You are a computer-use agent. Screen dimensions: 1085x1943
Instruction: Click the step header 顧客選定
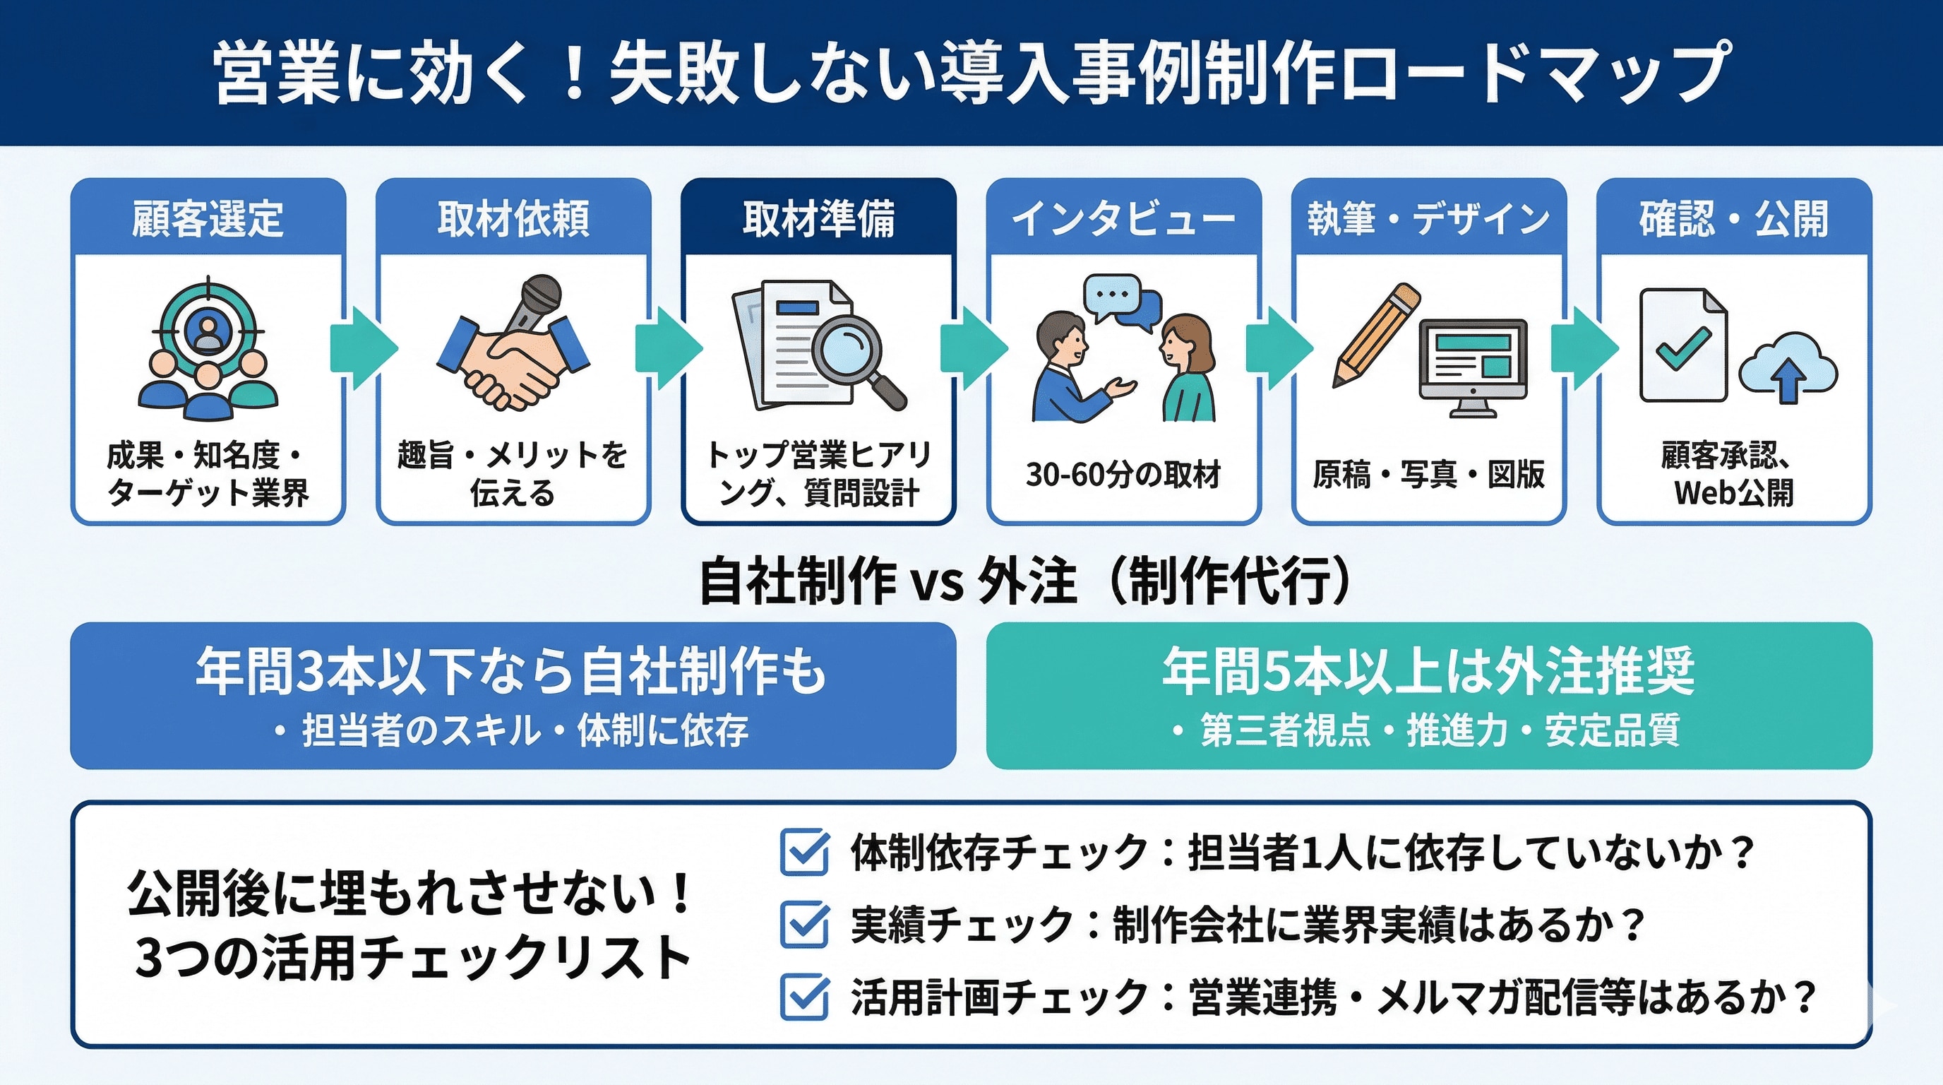[x=208, y=219]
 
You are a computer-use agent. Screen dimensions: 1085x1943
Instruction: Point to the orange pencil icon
[x=1376, y=332]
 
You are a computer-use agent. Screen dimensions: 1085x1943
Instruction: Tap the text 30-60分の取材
[x=1123, y=475]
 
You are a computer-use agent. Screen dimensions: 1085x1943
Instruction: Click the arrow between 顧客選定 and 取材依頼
[x=363, y=348]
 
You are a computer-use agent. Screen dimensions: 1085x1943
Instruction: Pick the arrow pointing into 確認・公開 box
[x=1584, y=348]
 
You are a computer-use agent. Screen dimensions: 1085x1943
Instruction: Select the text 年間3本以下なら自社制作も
[x=511, y=671]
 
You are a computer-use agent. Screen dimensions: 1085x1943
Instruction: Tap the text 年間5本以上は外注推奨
[x=1428, y=671]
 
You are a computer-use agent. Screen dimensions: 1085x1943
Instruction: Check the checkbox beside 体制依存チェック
[x=804, y=853]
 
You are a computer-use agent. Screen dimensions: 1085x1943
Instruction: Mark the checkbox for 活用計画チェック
[x=804, y=997]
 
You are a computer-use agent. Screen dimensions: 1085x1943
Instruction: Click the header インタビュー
[x=1123, y=219]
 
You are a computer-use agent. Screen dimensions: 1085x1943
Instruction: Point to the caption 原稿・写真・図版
[x=1428, y=475]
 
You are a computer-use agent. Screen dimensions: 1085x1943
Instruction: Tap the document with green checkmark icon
[x=1682, y=345]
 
